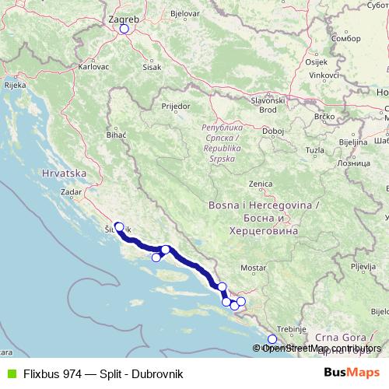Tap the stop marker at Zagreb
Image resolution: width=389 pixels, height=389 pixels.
tap(124, 30)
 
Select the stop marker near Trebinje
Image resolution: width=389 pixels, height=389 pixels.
tap(272, 338)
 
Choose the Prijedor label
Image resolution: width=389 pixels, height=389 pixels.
tap(175, 104)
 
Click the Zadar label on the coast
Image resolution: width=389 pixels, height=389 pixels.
tap(72, 191)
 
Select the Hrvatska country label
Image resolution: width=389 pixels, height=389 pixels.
tap(63, 173)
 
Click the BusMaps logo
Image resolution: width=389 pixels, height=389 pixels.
tap(352, 373)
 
